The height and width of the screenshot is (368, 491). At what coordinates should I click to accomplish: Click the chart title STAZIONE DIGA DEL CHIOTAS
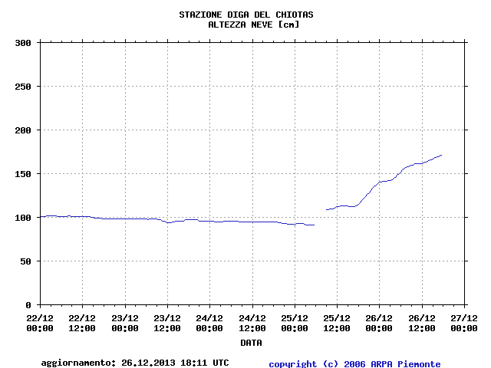pyautogui.click(x=245, y=15)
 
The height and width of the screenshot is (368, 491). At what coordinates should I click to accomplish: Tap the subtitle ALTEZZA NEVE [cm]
pyautogui.click(x=253, y=25)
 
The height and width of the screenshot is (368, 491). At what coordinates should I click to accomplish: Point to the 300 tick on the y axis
pyautogui.click(x=22, y=43)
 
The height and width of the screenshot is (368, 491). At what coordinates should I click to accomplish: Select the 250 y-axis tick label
pyautogui.click(x=22, y=87)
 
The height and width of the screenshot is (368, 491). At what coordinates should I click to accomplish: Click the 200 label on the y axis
pyautogui.click(x=22, y=130)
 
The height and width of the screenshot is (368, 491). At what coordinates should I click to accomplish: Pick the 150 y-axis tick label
pyautogui.click(x=22, y=174)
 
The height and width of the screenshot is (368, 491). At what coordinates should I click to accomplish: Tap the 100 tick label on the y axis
pyautogui.click(x=22, y=218)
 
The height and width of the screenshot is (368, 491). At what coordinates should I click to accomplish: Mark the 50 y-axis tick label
pyautogui.click(x=25, y=261)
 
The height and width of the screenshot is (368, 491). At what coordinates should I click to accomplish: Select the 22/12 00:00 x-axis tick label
pyautogui.click(x=40, y=322)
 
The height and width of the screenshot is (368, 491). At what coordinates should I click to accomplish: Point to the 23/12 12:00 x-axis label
pyautogui.click(x=167, y=322)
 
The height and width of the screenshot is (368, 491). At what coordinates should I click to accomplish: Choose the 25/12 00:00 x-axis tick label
pyautogui.click(x=295, y=322)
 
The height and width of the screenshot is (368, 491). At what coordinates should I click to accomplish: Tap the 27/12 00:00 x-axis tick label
pyautogui.click(x=464, y=322)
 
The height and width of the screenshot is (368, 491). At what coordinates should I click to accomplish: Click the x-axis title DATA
pyautogui.click(x=251, y=342)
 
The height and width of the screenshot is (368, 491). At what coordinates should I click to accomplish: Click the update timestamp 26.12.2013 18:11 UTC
pyautogui.click(x=175, y=363)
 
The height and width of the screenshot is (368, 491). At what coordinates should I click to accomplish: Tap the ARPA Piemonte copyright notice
pyautogui.click(x=354, y=363)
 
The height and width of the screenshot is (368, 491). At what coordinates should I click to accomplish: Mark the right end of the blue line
pyautogui.click(x=442, y=155)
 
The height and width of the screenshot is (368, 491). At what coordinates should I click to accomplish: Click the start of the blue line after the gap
pyautogui.click(x=326, y=209)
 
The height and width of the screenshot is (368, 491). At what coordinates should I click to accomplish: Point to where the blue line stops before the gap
pyautogui.click(x=315, y=225)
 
